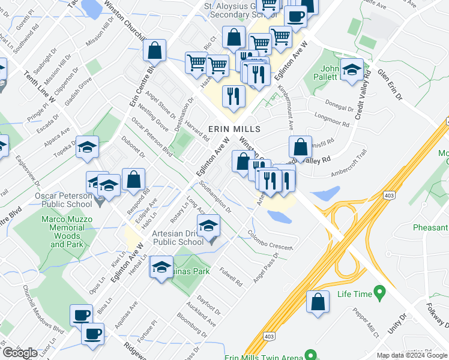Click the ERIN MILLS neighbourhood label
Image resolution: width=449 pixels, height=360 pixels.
234,129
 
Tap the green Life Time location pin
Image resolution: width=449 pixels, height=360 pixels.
379,293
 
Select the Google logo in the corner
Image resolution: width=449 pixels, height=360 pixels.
19,353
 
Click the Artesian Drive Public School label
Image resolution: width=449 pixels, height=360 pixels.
178,238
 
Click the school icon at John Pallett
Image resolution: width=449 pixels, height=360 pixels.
351,70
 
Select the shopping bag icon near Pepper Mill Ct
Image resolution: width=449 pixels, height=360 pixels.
318,302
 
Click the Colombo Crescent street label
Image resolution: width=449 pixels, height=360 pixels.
270,239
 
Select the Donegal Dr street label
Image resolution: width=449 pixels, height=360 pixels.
340,108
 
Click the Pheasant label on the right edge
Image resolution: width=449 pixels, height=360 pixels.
430,227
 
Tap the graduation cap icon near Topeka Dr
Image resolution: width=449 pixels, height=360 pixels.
87,147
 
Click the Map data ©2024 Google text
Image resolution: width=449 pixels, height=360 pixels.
412,355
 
